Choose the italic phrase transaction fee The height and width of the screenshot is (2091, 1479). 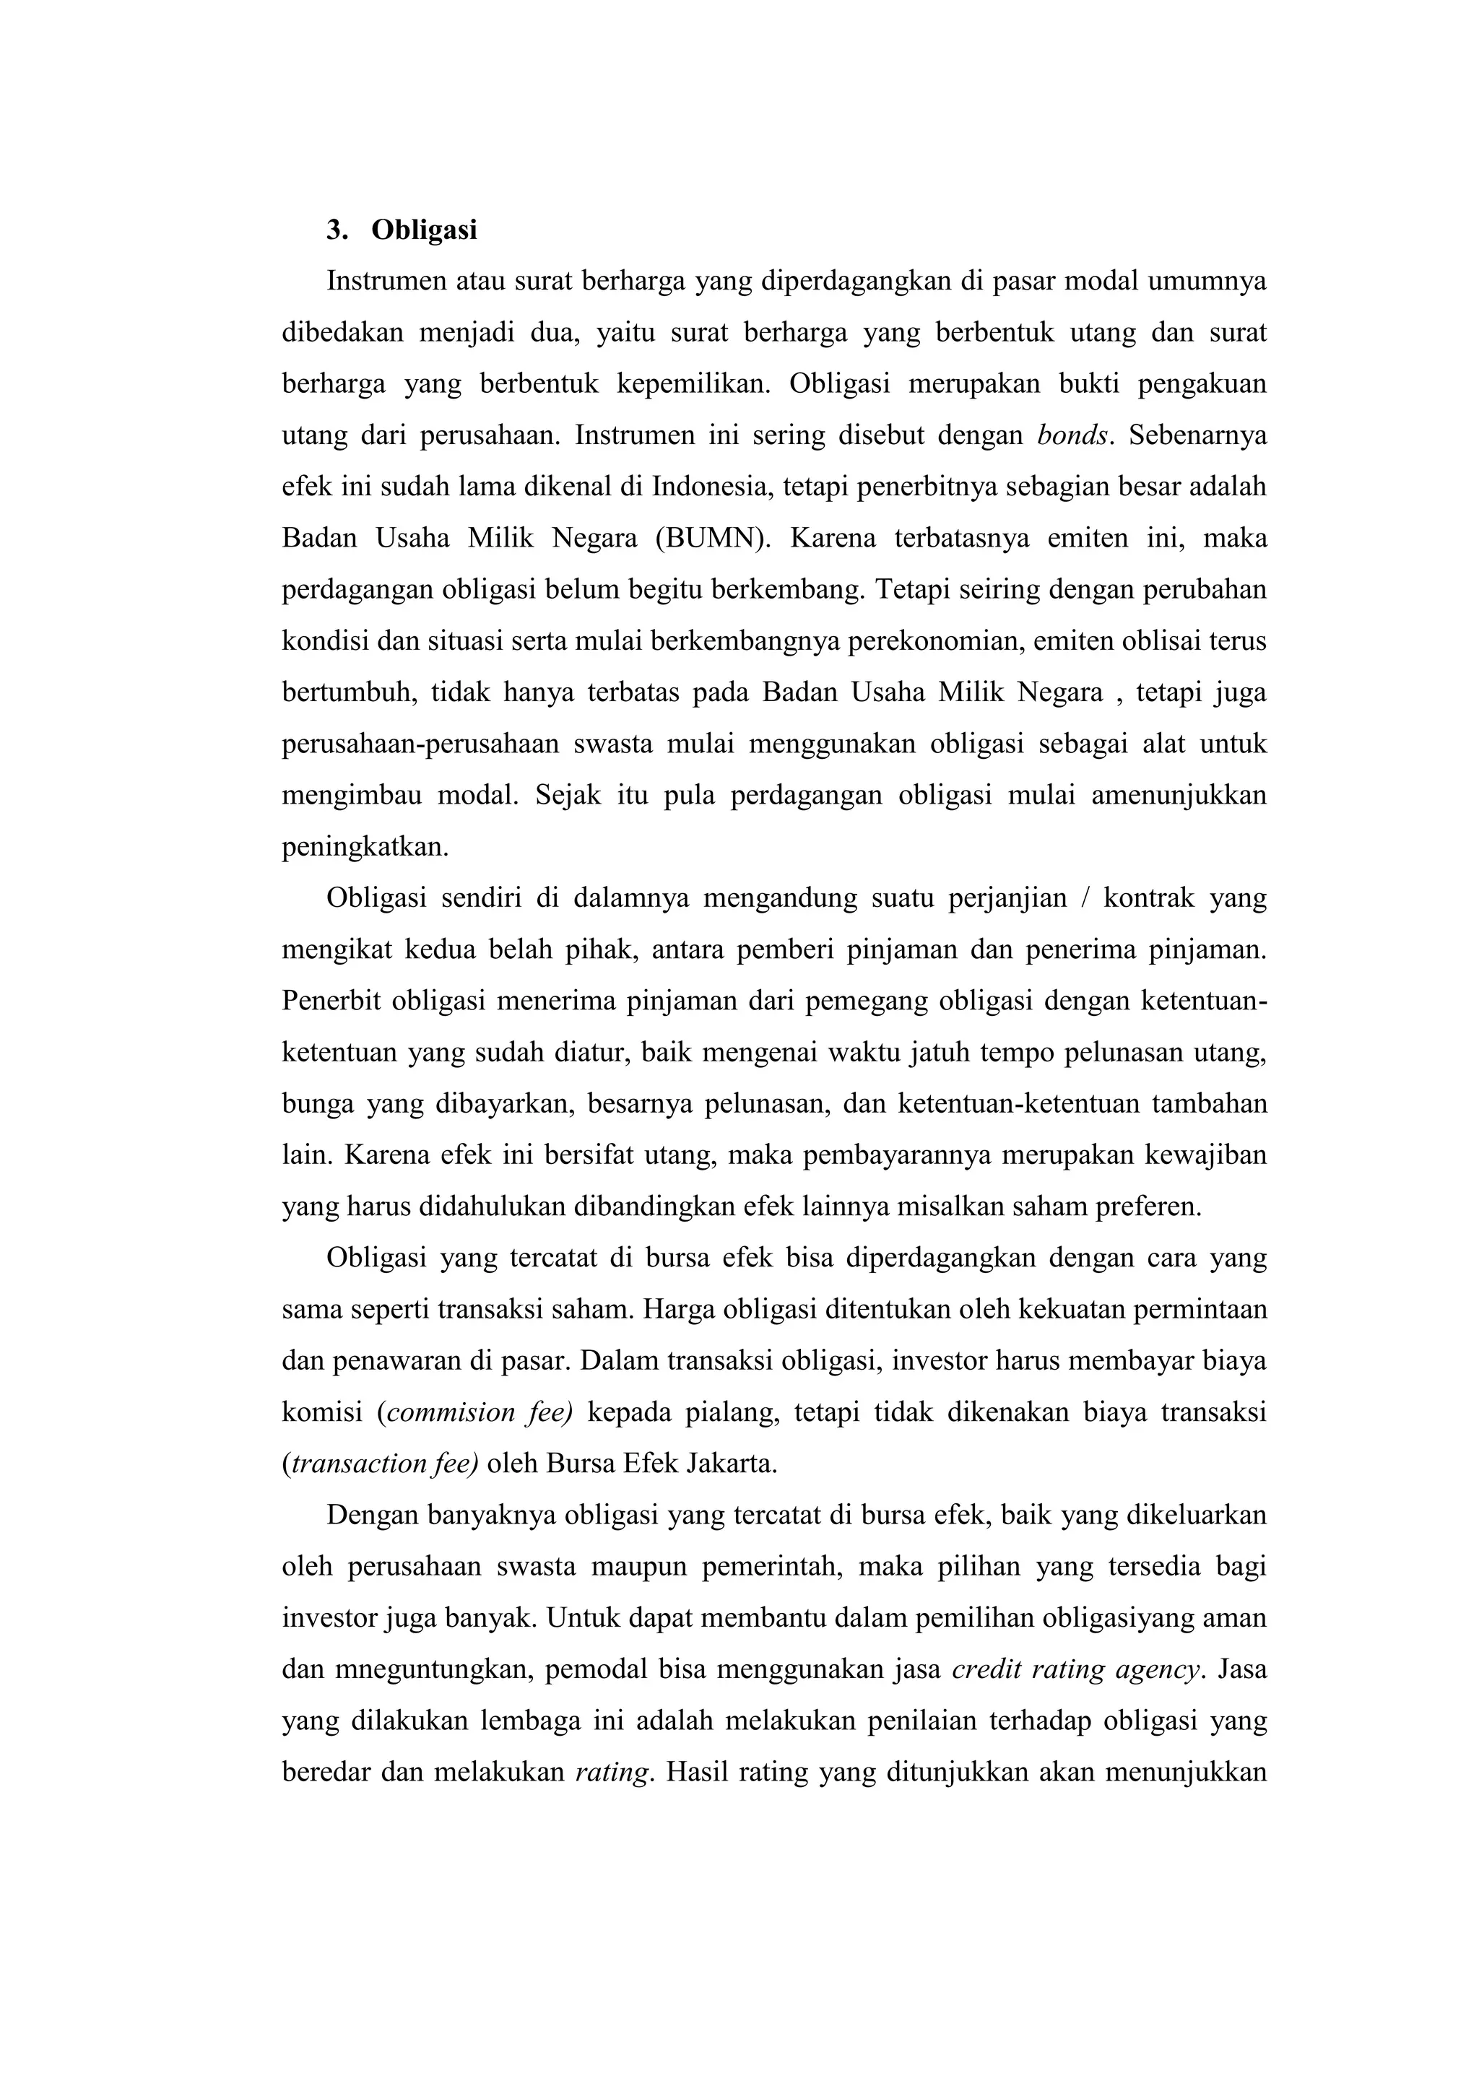[x=383, y=1464]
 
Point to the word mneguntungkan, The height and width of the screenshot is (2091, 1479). [x=439, y=1669]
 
